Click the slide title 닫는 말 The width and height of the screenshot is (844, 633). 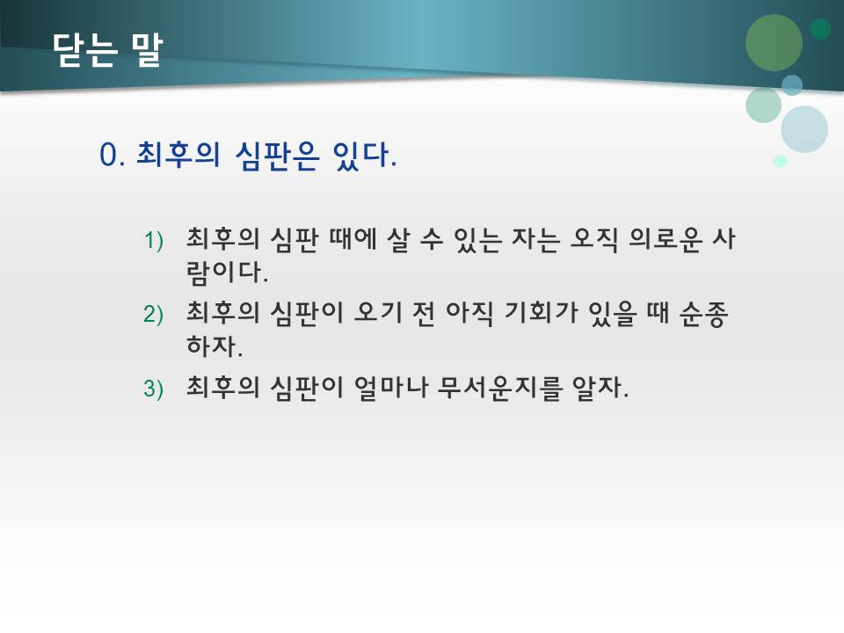click(x=107, y=50)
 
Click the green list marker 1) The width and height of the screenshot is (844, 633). click(x=155, y=240)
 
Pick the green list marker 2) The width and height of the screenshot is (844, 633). click(x=155, y=315)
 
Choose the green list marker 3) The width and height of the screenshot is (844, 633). click(x=155, y=389)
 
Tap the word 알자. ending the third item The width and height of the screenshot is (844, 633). click(x=602, y=388)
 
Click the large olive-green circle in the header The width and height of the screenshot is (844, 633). click(x=774, y=42)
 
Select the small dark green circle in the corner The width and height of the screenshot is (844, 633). click(x=820, y=29)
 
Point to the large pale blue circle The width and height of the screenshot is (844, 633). click(x=804, y=129)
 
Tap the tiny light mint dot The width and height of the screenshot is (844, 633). click(x=780, y=161)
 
